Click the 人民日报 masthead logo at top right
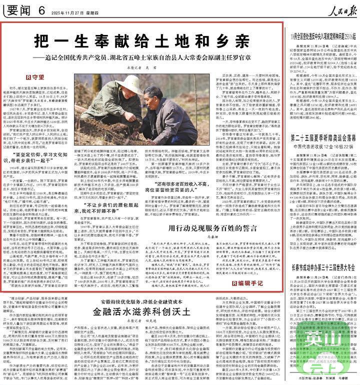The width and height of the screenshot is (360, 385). (334, 8)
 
